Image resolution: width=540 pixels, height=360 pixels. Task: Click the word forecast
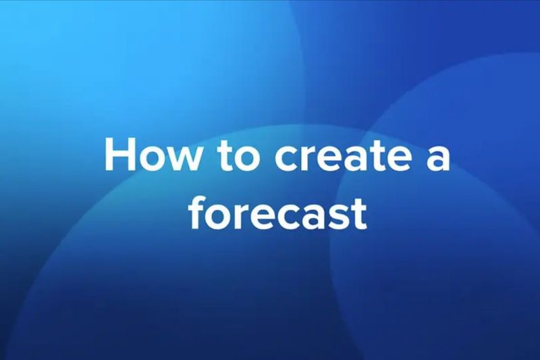click(277, 213)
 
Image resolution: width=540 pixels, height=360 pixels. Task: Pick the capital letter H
click(119, 157)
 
